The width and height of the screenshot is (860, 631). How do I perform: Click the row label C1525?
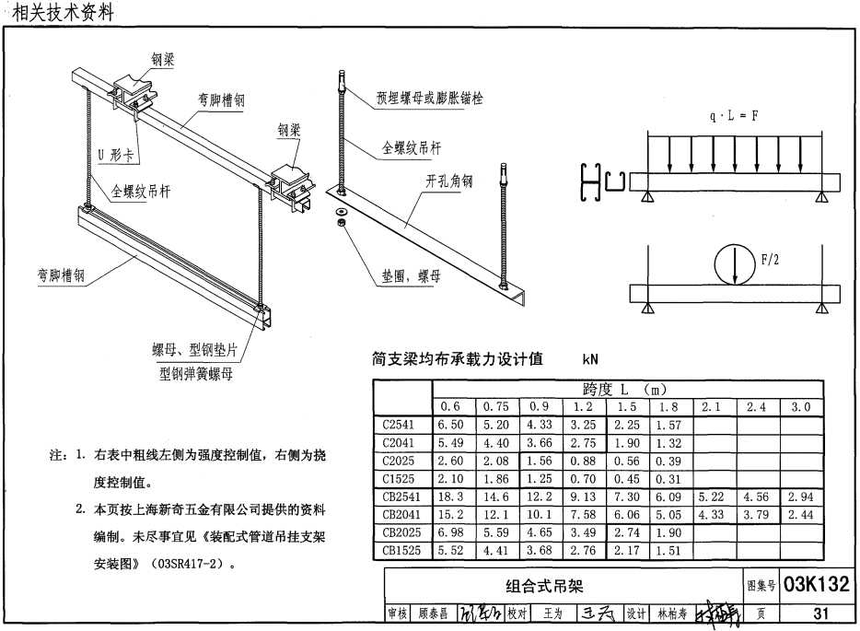click(401, 478)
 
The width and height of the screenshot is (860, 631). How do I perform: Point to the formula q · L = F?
click(733, 118)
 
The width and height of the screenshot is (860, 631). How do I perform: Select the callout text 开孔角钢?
click(448, 182)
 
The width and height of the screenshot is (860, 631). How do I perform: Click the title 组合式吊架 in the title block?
click(544, 586)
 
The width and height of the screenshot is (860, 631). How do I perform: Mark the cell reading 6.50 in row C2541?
click(451, 426)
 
